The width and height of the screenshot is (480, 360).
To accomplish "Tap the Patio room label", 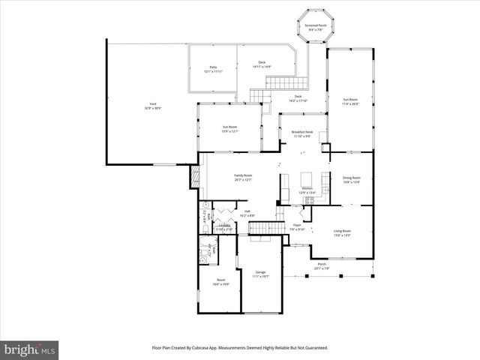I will (x=213, y=68).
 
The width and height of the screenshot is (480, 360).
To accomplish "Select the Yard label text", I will (x=153, y=106).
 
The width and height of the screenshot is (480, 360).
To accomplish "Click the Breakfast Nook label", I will (x=302, y=133).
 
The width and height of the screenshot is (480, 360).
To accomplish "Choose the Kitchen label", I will (x=307, y=190).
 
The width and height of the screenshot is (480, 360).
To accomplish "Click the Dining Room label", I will (x=351, y=179).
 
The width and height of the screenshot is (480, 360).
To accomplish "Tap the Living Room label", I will (x=343, y=233).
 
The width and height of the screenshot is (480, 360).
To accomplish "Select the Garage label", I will (x=260, y=274).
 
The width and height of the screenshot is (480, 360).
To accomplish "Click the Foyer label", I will (x=297, y=227).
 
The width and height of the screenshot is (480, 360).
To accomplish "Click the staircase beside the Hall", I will (x=259, y=226).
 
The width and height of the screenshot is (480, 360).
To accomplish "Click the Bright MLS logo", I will (x=30, y=349).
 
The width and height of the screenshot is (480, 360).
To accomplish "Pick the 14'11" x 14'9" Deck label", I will (x=262, y=64).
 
